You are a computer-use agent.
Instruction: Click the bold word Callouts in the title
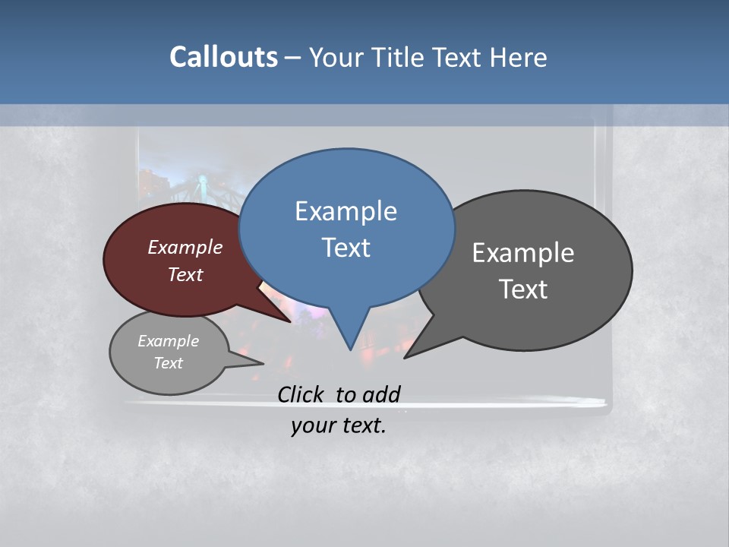click(x=223, y=57)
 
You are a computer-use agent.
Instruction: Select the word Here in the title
click(x=518, y=57)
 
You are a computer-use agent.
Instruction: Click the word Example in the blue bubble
click(x=346, y=211)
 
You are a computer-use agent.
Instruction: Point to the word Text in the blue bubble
click(x=346, y=248)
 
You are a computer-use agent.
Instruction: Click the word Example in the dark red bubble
click(x=185, y=247)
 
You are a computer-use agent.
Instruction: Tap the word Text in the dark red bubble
click(x=185, y=274)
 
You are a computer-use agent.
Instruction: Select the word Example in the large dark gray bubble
click(x=523, y=253)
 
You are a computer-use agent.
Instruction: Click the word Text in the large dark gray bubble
click(x=523, y=289)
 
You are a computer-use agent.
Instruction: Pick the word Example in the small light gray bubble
click(x=168, y=341)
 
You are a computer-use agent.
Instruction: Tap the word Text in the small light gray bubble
click(x=168, y=363)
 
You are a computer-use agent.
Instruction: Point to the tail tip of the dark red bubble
click(x=290, y=321)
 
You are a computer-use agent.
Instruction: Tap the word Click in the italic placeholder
click(x=302, y=394)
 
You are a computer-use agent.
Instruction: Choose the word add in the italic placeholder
click(x=380, y=394)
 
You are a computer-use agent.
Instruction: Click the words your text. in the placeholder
click(x=339, y=425)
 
